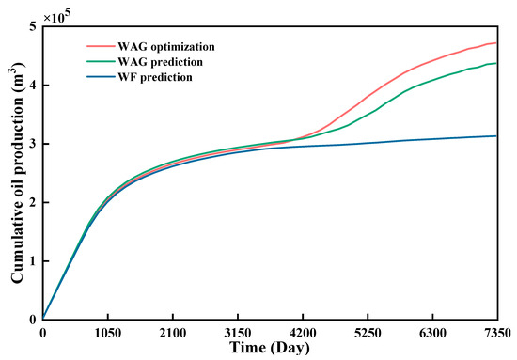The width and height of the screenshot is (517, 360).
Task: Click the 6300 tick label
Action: [431, 332]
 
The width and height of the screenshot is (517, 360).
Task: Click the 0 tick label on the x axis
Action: [42, 332]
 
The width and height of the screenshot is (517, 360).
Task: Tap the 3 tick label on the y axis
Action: [33, 144]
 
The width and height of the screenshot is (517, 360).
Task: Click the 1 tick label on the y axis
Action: [33, 261]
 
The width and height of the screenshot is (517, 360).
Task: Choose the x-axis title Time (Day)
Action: [270, 349]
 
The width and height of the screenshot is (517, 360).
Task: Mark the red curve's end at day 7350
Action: [496, 42]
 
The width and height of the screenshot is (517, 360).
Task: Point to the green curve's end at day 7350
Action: [496, 64]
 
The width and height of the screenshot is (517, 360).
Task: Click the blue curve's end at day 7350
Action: [496, 136]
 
